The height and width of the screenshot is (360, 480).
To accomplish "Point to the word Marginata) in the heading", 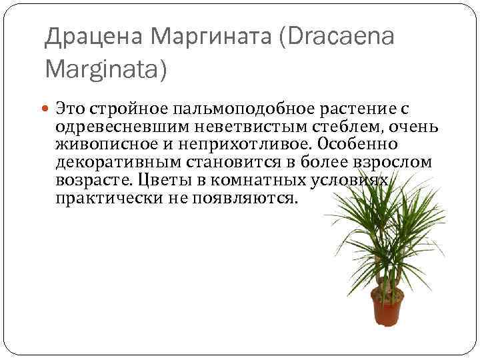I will [106, 68].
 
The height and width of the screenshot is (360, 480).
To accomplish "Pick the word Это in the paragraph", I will [71, 108].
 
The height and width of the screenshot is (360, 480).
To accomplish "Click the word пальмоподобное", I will [241, 108].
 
